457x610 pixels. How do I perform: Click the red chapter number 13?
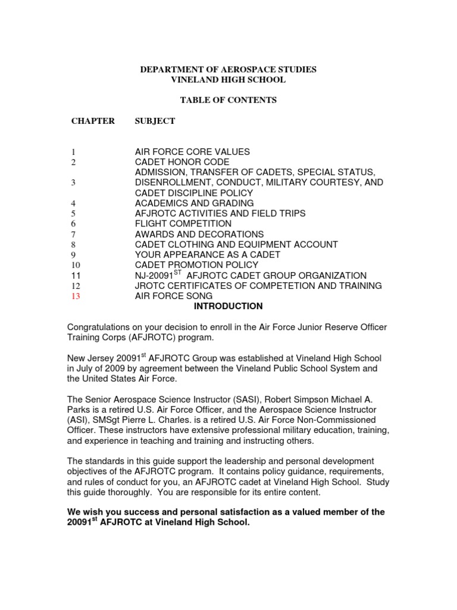75,296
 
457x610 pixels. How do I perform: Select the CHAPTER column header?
93,121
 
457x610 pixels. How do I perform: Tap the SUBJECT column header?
155,121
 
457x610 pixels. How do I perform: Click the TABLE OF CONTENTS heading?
228,100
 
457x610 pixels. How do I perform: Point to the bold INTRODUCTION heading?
228,306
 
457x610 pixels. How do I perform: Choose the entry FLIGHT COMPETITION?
183,224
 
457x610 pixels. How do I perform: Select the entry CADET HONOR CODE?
182,162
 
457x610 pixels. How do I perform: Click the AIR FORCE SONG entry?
174,296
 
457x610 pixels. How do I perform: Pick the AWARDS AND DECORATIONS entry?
199,234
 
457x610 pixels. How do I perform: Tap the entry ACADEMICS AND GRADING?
195,203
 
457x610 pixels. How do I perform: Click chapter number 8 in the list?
73,245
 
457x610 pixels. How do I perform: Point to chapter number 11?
75,276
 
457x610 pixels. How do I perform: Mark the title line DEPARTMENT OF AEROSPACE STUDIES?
228,70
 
